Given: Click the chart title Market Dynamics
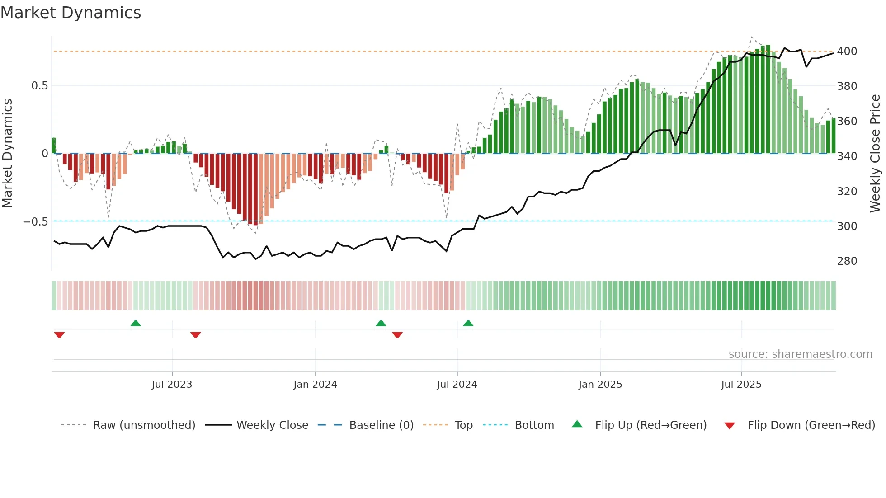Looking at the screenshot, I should [x=71, y=13].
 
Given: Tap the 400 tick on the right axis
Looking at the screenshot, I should [x=847, y=52].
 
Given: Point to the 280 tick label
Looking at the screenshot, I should [x=847, y=261].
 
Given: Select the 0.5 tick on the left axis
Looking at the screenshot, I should [x=39, y=86].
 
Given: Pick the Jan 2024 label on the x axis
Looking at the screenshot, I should [x=315, y=385].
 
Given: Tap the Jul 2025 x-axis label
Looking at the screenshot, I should [x=741, y=385].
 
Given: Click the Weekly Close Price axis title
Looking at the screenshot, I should [x=875, y=154].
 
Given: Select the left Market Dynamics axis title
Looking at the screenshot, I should [x=7, y=154].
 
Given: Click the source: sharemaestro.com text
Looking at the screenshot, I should [x=800, y=354].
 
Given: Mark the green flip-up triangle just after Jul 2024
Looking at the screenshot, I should [x=468, y=324].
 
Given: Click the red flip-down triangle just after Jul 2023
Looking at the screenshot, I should [x=196, y=335].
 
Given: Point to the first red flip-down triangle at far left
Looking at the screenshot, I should [x=59, y=335].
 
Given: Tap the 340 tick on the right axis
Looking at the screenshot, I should [x=847, y=156].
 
